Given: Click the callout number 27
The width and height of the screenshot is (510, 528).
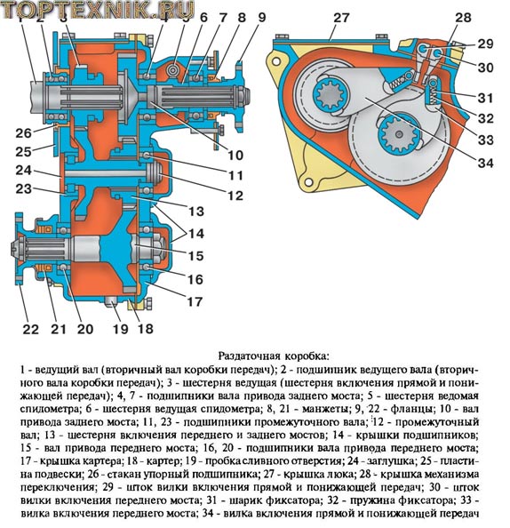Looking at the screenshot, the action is pos(341,18).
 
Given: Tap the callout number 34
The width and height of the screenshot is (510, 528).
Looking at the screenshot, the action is pos(485,163).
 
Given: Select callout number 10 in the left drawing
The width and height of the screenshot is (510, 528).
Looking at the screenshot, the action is pos(235,156).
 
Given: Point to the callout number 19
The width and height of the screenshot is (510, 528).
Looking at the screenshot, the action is pos(121,329).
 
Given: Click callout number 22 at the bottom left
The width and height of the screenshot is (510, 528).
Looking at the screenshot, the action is pos(31,329).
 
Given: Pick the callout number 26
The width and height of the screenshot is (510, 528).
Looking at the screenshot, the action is pos(24,133).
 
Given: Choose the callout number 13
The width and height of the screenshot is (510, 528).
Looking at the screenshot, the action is pos(196,212).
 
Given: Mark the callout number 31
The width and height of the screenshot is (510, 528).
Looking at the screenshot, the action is pos(485,98).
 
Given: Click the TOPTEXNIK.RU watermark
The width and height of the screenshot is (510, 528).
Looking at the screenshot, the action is pos(99,10).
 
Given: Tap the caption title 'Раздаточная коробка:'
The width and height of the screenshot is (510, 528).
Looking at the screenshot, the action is pos(273,356).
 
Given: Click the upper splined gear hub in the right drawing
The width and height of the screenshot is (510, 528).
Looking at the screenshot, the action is pos(330,97).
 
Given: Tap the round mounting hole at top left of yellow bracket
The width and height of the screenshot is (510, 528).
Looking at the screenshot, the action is pos(276,61).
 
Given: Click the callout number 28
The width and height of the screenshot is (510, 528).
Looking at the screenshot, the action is pos(463,18).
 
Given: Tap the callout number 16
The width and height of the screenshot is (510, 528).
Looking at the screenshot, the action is pos(195,279).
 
